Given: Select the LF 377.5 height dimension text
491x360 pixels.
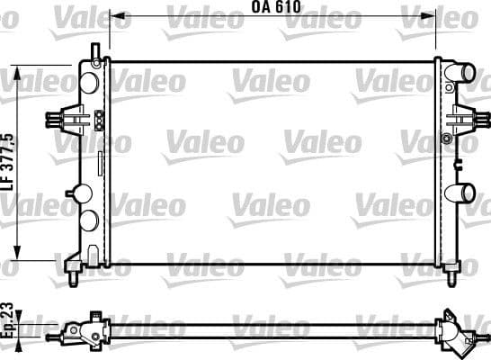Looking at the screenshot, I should pyautogui.click(x=10, y=161).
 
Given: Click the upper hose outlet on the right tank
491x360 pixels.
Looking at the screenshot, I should pyautogui.click(x=464, y=72).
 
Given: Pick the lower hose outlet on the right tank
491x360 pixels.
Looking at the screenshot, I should pyautogui.click(x=464, y=192).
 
